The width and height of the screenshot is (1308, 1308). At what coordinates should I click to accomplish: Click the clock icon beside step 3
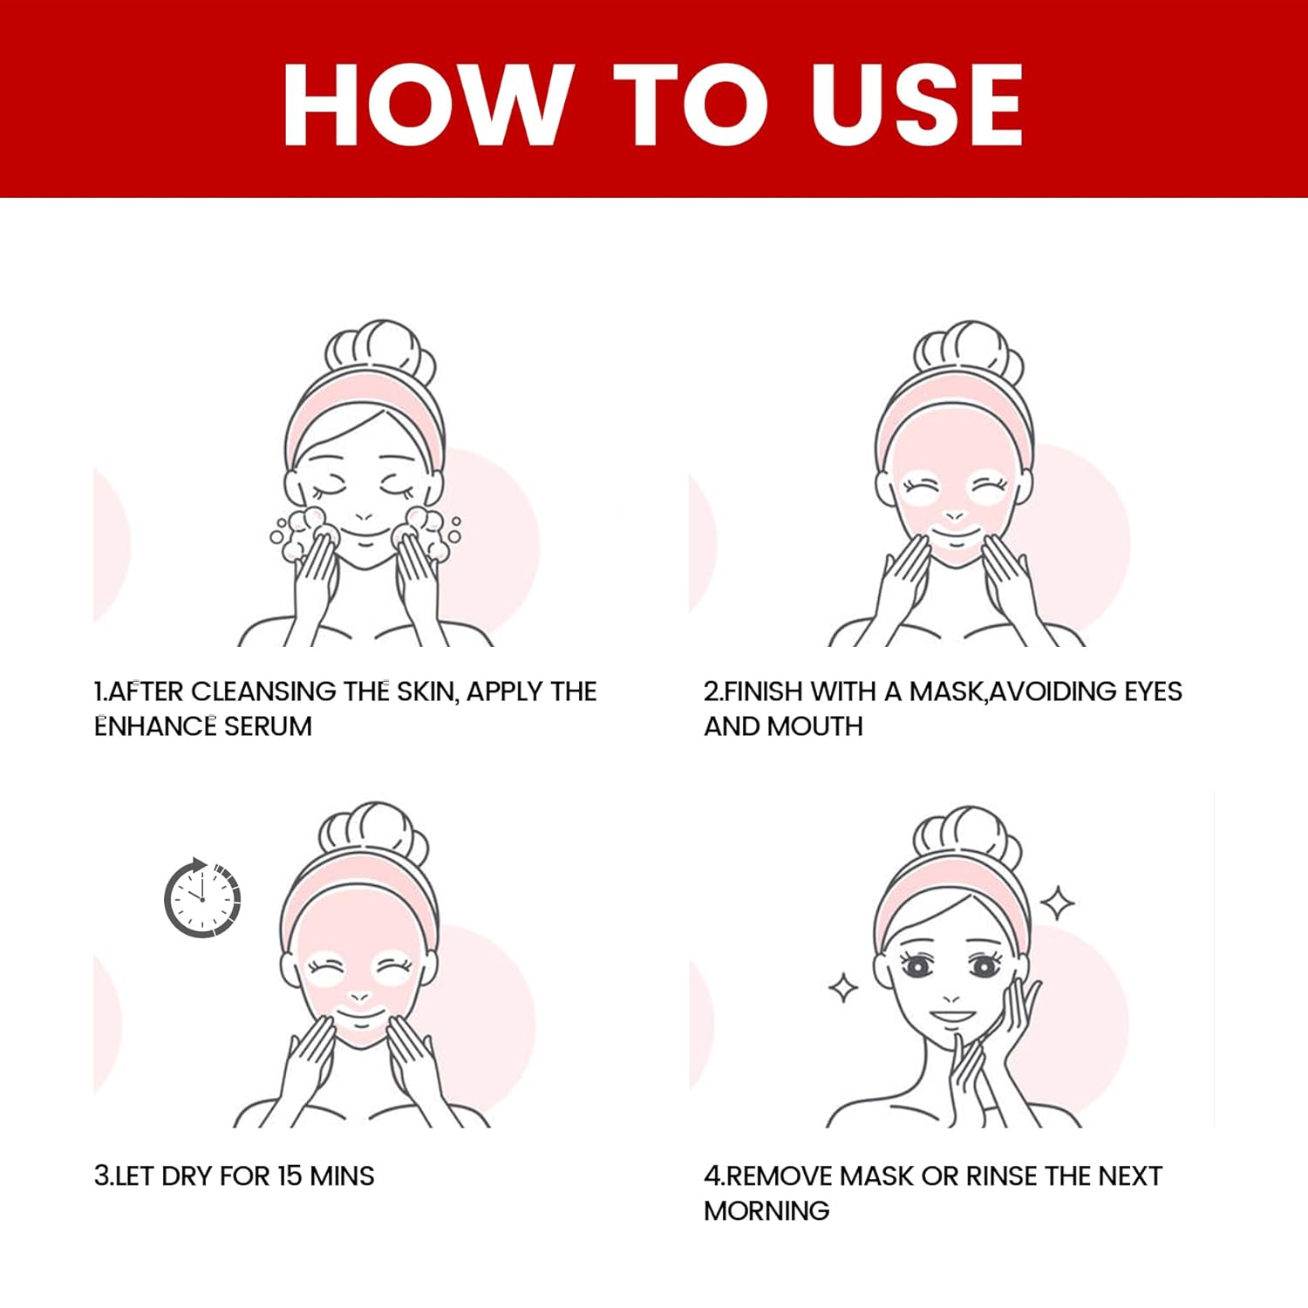pyautogui.click(x=202, y=898)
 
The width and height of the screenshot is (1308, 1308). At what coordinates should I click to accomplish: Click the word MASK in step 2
pyautogui.click(x=947, y=691)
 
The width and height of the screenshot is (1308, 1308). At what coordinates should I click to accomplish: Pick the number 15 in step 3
pyautogui.click(x=290, y=1175)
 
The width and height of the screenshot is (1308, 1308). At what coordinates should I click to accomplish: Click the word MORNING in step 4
pyautogui.click(x=766, y=1210)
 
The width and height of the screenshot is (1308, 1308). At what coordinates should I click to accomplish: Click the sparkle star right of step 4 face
pyautogui.click(x=1058, y=903)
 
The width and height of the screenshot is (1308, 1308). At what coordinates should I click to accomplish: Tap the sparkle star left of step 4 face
pyautogui.click(x=843, y=988)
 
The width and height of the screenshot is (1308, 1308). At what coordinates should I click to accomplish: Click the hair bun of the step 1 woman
pyautogui.click(x=379, y=353)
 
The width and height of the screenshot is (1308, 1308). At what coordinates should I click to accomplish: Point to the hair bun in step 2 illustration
pyautogui.click(x=968, y=355)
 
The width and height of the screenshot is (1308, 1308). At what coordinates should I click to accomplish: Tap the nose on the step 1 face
pyautogui.click(x=364, y=516)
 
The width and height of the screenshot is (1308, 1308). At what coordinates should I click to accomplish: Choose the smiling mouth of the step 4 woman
pyautogui.click(x=952, y=1017)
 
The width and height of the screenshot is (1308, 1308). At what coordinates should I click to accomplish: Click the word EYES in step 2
pyautogui.click(x=1153, y=691)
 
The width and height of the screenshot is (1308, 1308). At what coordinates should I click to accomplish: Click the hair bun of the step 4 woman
pyautogui.click(x=967, y=840)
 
